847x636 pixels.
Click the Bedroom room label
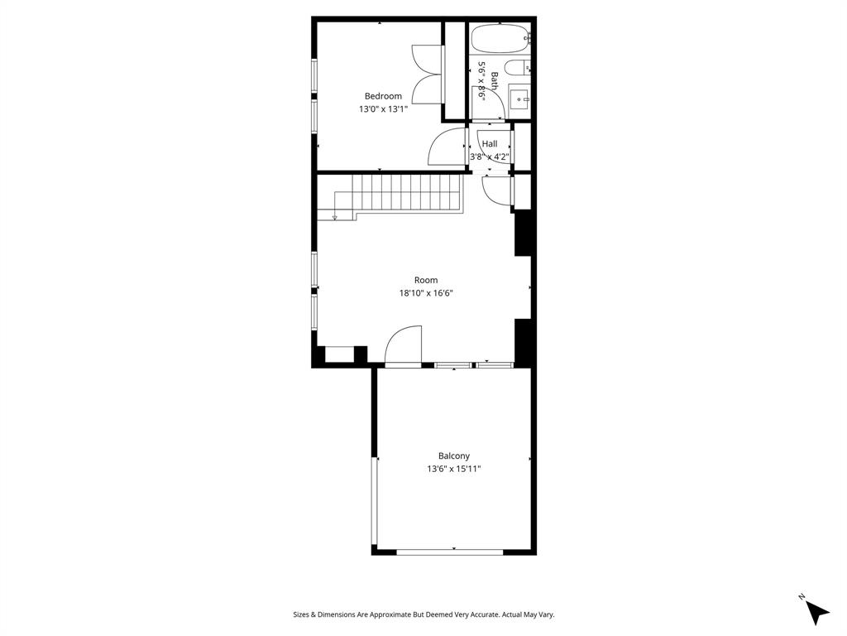383,96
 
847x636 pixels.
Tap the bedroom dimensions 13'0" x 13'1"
383,109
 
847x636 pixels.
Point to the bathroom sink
519,99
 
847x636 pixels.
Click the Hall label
490,144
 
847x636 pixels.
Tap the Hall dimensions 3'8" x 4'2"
490,157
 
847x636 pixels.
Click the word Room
426,280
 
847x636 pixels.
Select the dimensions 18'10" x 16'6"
426,293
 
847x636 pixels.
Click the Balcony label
454,455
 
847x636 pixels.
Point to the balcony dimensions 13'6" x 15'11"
454,469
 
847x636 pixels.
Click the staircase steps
405,195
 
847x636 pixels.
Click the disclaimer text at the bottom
423,614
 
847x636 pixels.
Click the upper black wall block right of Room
523,234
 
